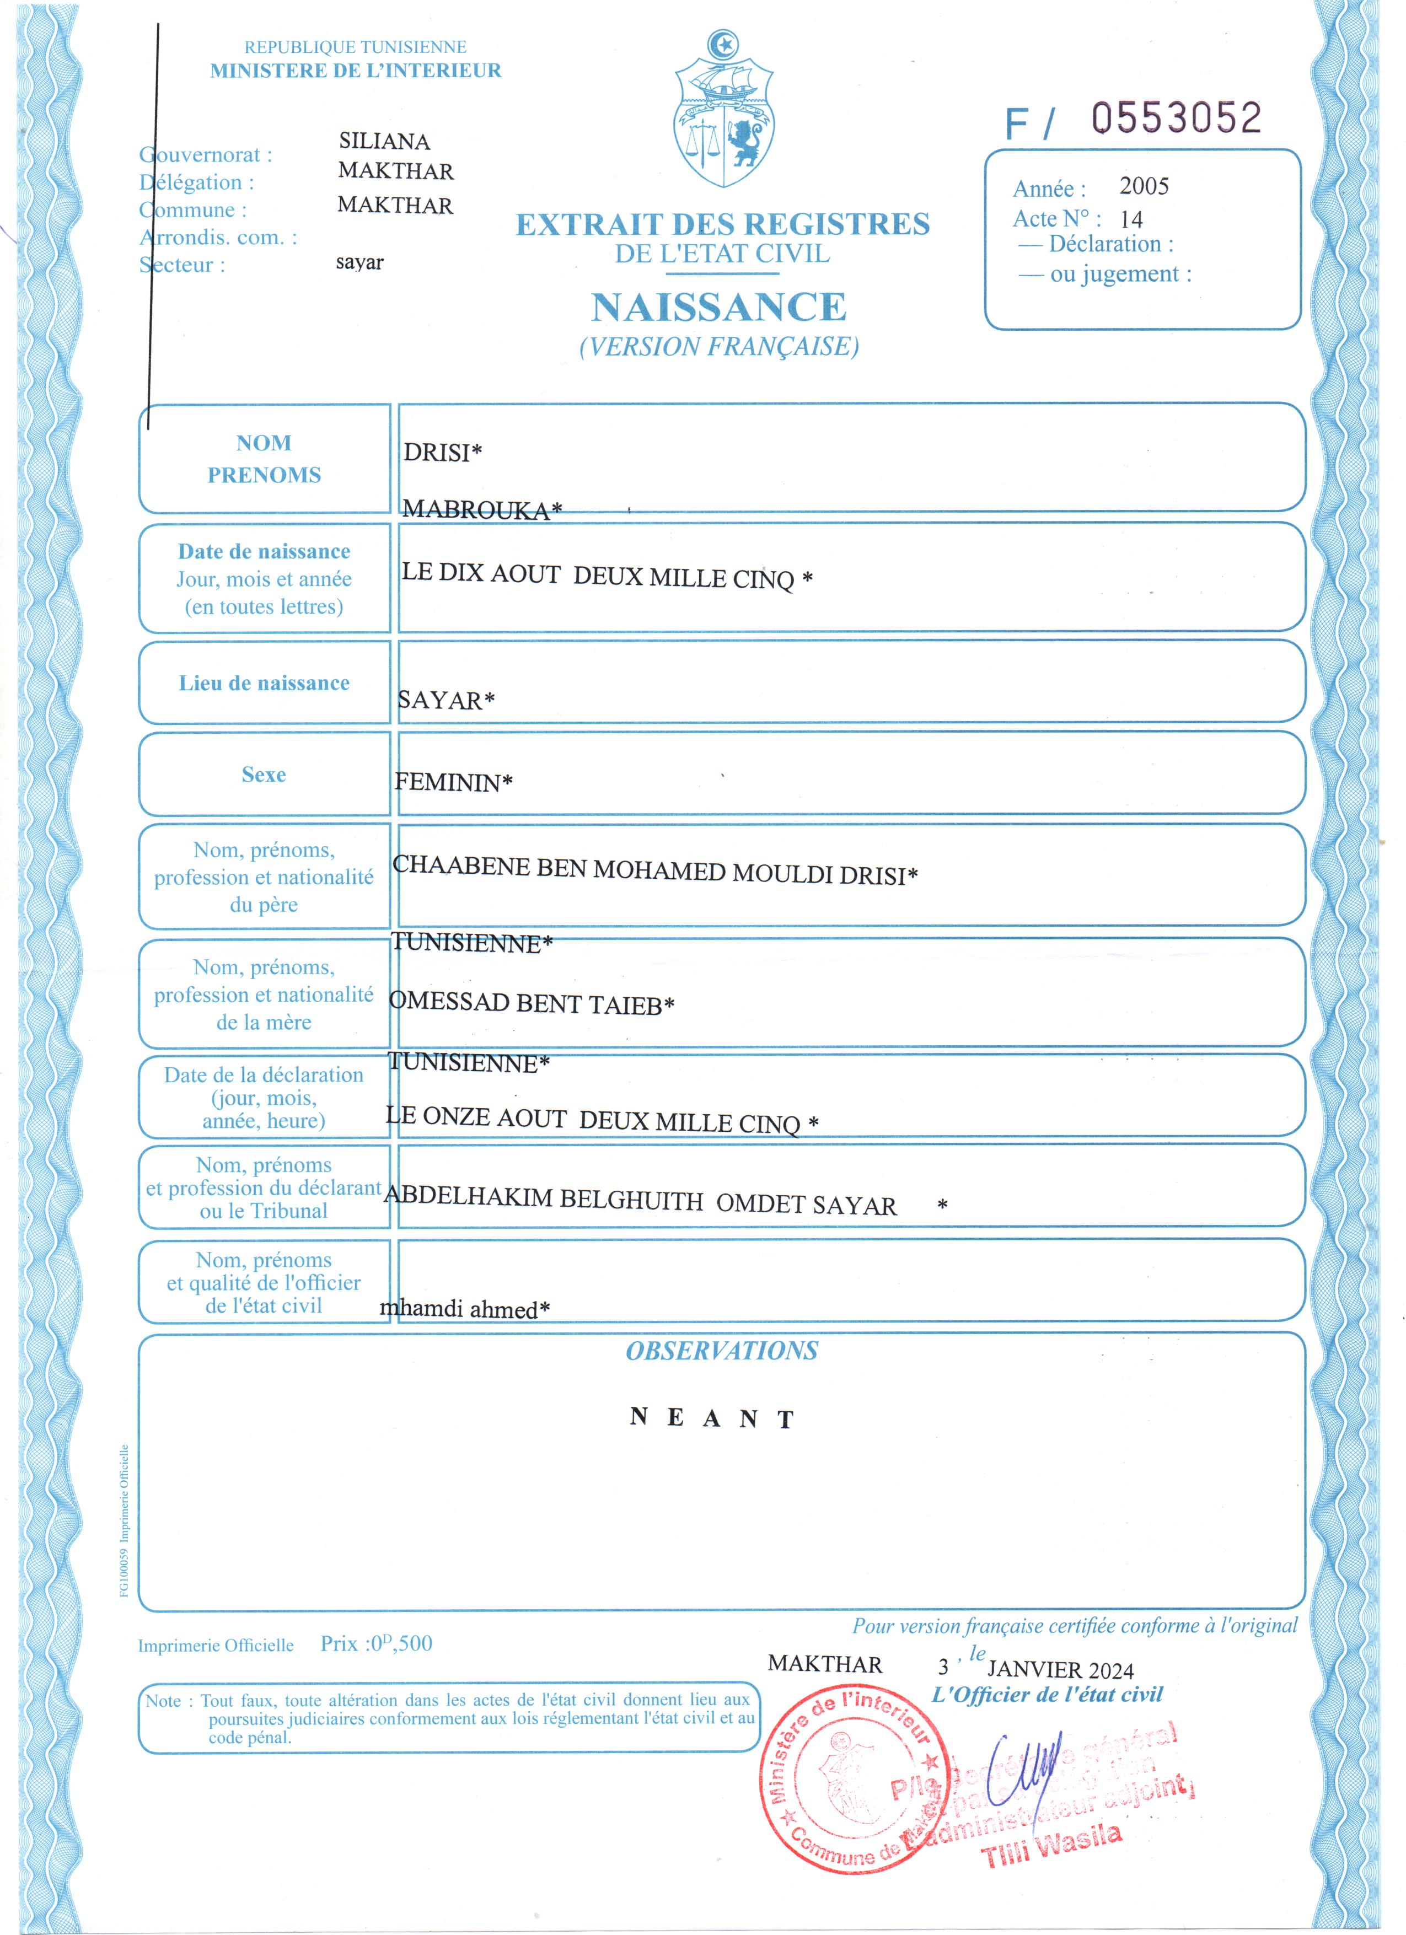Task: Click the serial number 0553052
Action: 1177,119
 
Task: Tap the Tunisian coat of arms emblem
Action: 723,111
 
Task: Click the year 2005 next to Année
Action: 1143,186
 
